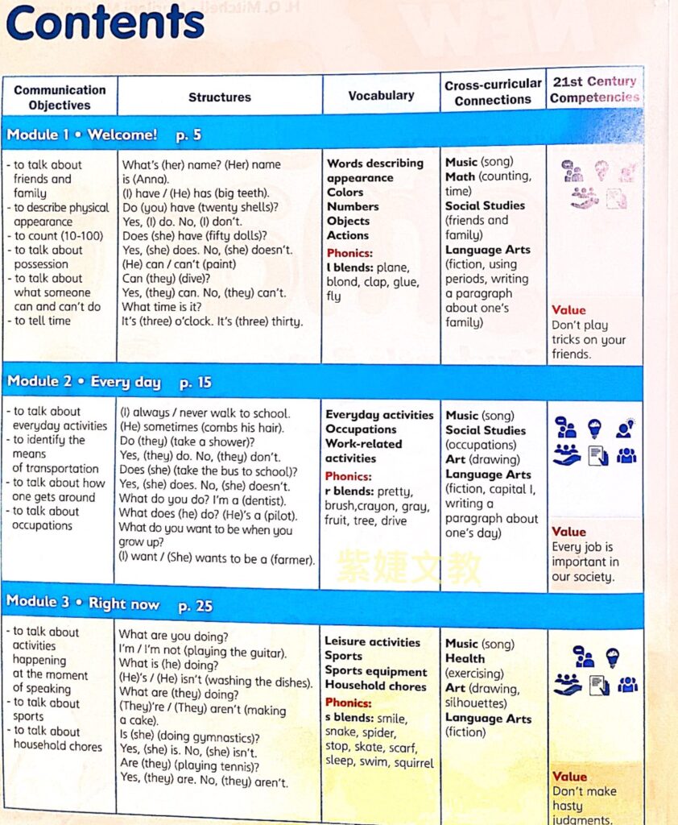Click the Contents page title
pyautogui.click(x=105, y=23)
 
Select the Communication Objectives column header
pyautogui.click(x=60, y=97)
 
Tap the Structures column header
pyautogui.click(x=220, y=97)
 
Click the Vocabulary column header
pyautogui.click(x=381, y=96)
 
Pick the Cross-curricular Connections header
pyautogui.click(x=493, y=93)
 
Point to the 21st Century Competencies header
pyautogui.click(x=594, y=89)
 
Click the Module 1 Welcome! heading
pyautogui.click(x=82, y=135)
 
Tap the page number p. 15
pyautogui.click(x=196, y=382)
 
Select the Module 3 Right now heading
pyautogui.click(x=83, y=603)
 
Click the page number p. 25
pyautogui.click(x=195, y=605)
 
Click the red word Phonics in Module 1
pyautogui.click(x=349, y=253)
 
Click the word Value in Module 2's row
pyautogui.click(x=568, y=532)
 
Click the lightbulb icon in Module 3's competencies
pyautogui.click(x=612, y=657)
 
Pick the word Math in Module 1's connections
pyautogui.click(x=461, y=176)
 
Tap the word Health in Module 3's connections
pyautogui.click(x=465, y=658)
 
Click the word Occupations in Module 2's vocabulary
pyautogui.click(x=361, y=429)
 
